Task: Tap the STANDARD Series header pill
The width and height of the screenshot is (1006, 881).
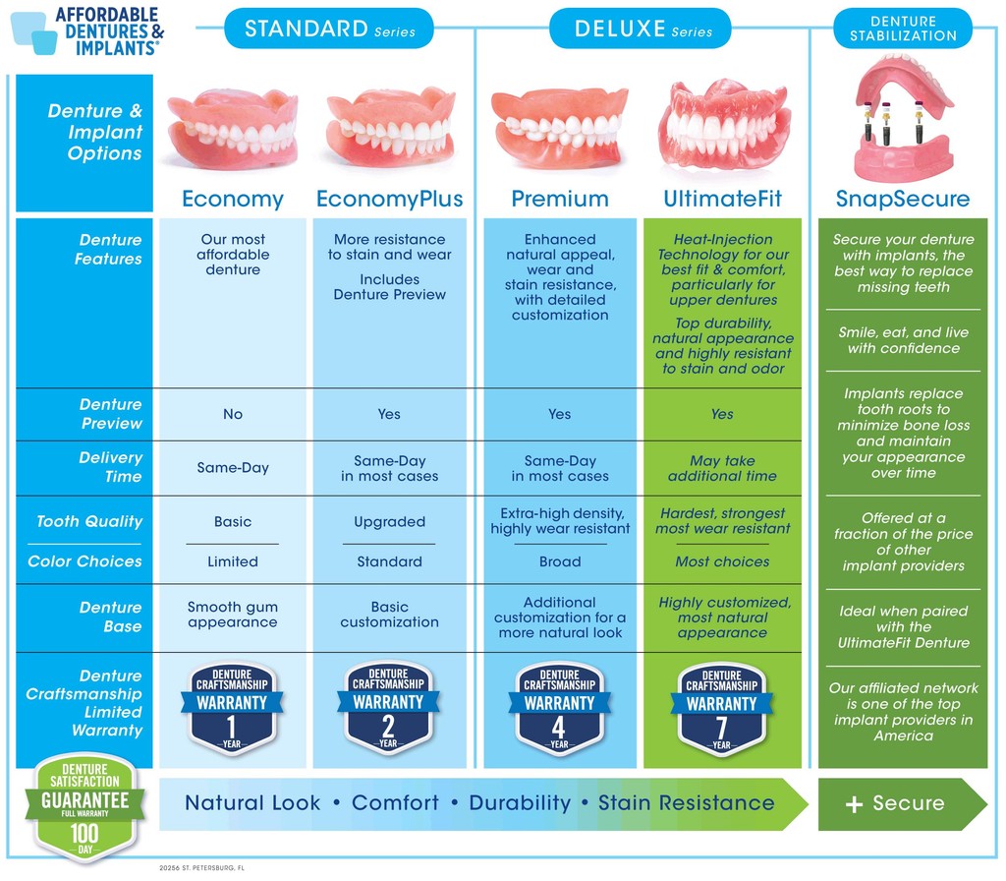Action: tap(329, 29)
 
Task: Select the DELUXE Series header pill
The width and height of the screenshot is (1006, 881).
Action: tap(640, 29)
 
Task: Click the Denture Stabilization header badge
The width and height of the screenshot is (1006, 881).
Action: tap(903, 29)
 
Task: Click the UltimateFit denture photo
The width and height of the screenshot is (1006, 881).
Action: tap(724, 126)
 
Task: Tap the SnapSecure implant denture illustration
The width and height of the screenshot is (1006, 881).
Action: tap(903, 118)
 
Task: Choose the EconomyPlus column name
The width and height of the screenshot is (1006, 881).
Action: tap(389, 200)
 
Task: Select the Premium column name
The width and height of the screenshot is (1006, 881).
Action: tap(560, 200)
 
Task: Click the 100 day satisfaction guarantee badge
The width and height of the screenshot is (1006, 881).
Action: tap(84, 808)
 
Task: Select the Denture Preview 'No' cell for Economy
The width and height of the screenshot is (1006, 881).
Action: tap(233, 414)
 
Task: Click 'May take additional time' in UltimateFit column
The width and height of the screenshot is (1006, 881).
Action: tap(722, 468)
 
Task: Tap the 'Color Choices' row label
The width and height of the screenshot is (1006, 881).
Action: tap(84, 561)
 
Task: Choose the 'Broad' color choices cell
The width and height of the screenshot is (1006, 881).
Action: tap(560, 562)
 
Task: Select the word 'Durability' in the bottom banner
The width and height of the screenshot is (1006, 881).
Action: tap(520, 803)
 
